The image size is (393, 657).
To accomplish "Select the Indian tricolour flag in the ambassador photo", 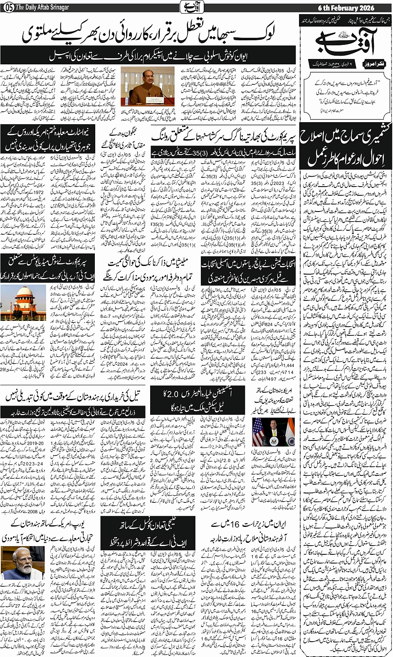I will point(290,432).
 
